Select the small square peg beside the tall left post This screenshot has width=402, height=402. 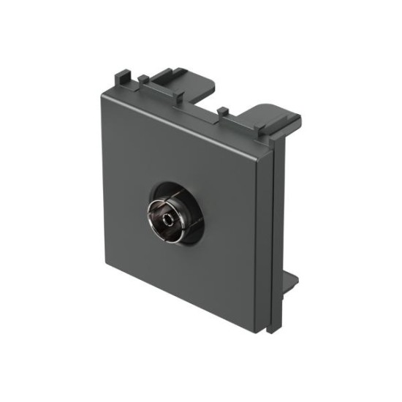pos(144,79)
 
